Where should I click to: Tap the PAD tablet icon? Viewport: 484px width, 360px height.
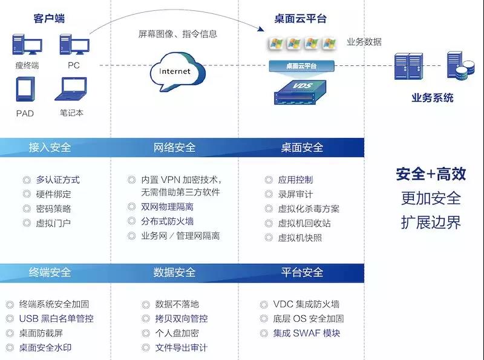25,90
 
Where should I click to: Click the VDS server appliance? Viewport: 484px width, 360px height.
301,92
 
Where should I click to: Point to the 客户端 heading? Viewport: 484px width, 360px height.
49,19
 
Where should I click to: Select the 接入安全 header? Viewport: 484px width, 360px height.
50,147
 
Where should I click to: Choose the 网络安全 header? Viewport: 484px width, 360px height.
174,147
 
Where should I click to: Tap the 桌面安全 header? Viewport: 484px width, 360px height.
302,147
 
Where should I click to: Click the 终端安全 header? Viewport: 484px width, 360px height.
50,272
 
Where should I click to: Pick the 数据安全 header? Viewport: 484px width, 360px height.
174,272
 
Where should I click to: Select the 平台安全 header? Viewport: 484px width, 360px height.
302,272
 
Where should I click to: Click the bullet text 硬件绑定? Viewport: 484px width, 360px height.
53,194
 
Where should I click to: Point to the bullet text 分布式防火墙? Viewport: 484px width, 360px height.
167,221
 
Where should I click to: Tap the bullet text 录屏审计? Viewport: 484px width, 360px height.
295,194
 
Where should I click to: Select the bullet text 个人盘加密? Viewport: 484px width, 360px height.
177,333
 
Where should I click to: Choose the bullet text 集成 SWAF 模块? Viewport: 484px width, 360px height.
306,333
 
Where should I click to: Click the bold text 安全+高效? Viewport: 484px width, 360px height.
431,174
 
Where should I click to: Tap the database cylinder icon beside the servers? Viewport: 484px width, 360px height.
457,67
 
